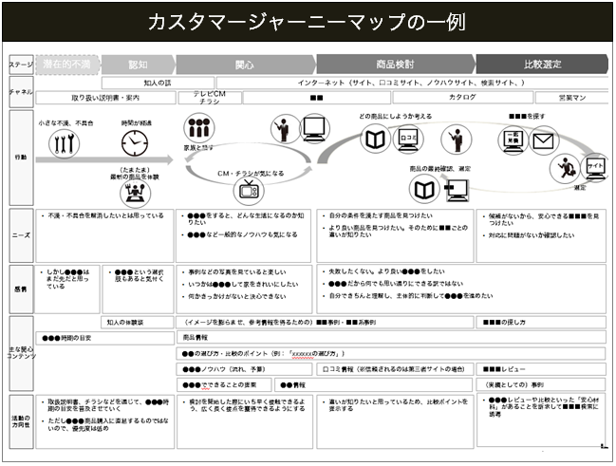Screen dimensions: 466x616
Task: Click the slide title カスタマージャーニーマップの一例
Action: point(308,21)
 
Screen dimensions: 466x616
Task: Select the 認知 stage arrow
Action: point(137,65)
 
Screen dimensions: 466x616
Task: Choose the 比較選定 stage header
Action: point(542,65)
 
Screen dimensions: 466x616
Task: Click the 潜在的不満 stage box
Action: point(65,65)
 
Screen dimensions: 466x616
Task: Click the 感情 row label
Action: point(19,288)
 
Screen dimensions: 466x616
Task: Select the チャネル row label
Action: point(19,91)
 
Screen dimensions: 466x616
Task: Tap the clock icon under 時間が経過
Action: point(134,142)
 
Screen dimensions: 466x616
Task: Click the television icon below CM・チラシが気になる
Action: point(250,189)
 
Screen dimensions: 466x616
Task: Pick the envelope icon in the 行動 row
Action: point(543,142)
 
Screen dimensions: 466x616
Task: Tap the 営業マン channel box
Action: point(572,98)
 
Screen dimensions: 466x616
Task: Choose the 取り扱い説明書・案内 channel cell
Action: point(104,98)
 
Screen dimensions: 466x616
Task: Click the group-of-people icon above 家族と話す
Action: point(197,127)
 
